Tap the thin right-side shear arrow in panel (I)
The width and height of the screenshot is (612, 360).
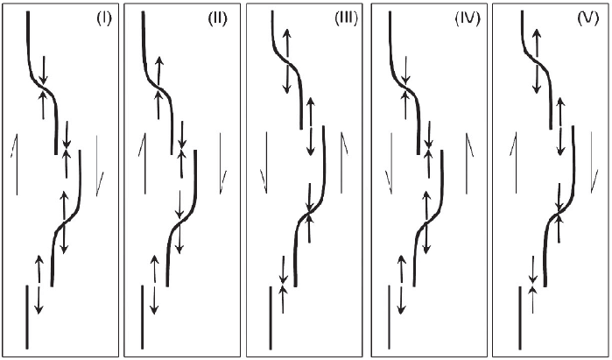pos(100,163)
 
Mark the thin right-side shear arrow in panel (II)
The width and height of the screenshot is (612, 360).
pos(223,163)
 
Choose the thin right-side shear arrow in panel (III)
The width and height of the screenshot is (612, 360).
pos(342,163)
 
